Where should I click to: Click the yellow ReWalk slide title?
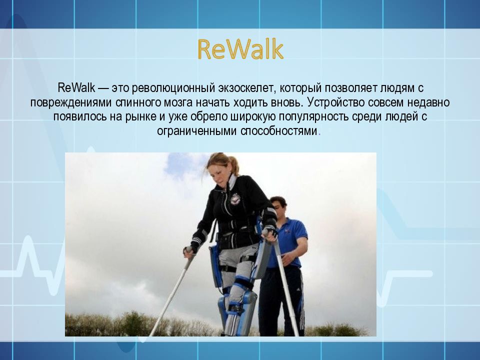pyautogui.click(x=240, y=49)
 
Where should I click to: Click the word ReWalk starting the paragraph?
pyautogui.click(x=76, y=88)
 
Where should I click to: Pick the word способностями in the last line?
pyautogui.click(x=278, y=131)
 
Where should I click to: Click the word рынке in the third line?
pyautogui.click(x=140, y=117)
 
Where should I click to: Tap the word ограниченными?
pyautogui.click(x=197, y=131)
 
